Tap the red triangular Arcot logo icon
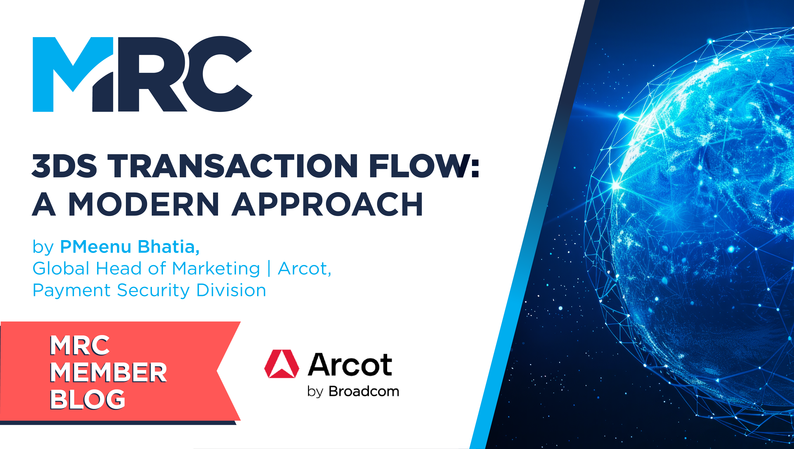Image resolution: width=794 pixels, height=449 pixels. (281, 364)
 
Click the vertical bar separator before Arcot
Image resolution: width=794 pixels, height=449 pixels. (269, 268)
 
